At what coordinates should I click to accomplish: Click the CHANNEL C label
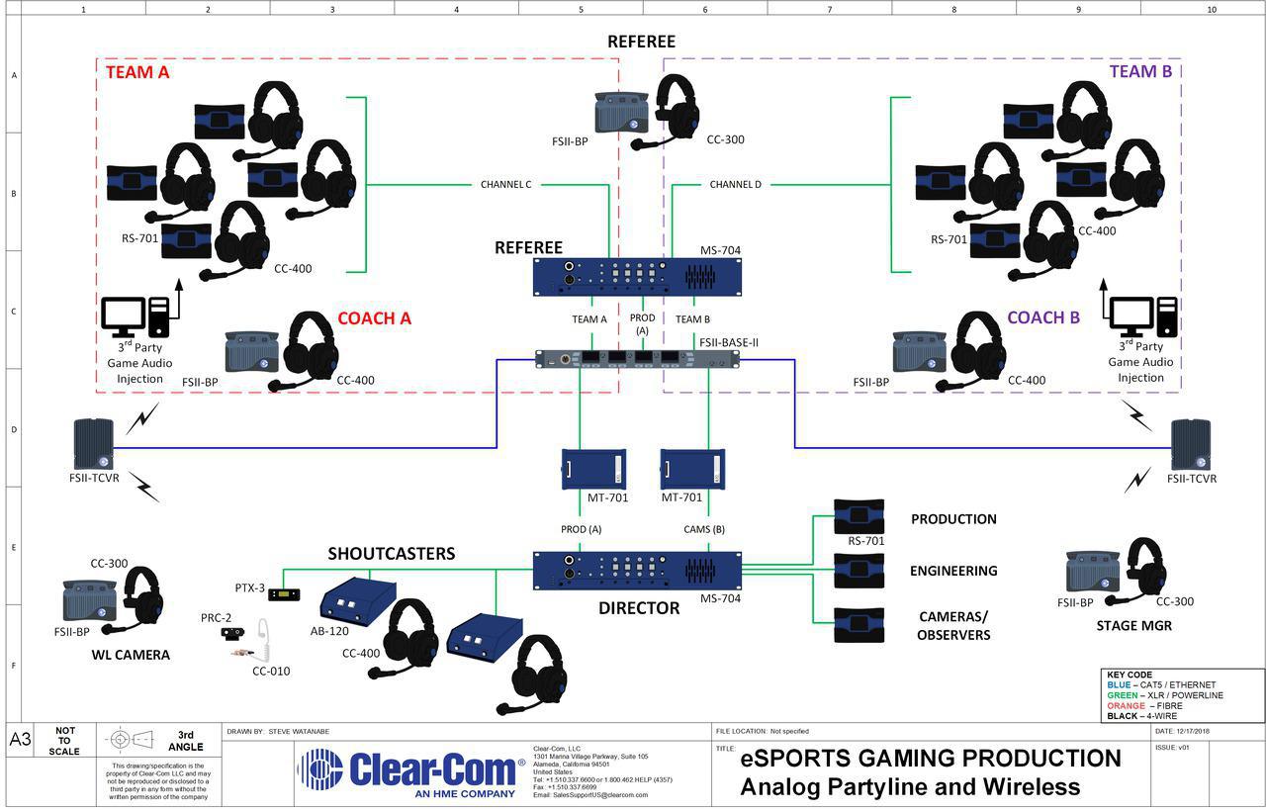click(505, 184)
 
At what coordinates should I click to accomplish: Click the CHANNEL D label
click(735, 184)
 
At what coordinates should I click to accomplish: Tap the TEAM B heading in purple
click(1139, 71)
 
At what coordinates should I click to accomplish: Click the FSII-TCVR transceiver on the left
click(94, 444)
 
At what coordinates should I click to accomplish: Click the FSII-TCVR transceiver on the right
click(1191, 444)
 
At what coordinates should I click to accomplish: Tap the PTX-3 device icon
click(282, 594)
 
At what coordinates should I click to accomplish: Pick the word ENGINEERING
click(953, 571)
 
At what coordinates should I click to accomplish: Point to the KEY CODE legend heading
click(1129, 675)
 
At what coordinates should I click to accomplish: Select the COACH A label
click(374, 318)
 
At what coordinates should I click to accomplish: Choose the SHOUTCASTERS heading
click(392, 554)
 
